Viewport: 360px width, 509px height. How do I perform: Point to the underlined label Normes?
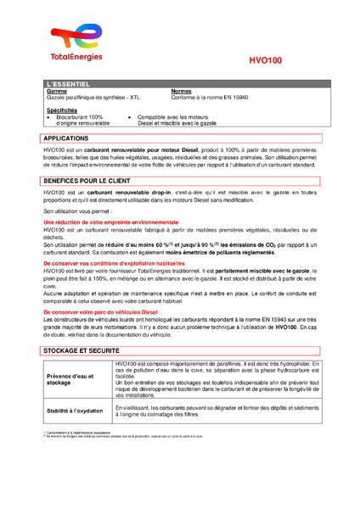pos(182,92)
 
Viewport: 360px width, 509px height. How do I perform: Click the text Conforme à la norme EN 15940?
pos(208,98)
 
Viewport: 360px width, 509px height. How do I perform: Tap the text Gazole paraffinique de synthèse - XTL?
pos(92,98)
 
